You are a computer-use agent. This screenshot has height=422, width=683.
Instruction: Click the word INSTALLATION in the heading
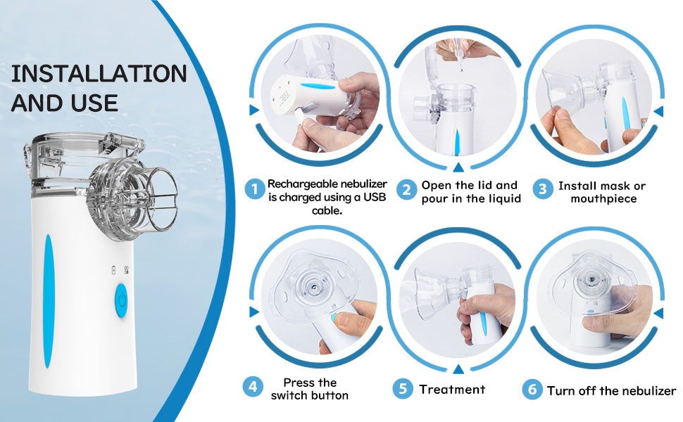[x=99, y=74]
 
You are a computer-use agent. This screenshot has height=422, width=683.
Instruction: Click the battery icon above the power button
[x=114, y=270]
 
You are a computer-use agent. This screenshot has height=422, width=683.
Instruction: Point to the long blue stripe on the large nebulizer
[x=48, y=301]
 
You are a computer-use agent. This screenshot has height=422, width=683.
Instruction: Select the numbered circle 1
[x=255, y=189]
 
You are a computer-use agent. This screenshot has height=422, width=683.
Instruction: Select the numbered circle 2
[x=406, y=190]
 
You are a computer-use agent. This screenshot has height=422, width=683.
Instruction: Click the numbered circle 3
[x=543, y=188]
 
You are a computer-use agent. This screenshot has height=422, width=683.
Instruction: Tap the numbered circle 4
[x=253, y=386]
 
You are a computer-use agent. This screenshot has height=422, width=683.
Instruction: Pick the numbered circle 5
[x=403, y=388]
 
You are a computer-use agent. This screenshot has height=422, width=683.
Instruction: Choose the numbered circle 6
[x=532, y=389]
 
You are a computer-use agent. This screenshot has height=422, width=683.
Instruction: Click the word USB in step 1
[x=375, y=198]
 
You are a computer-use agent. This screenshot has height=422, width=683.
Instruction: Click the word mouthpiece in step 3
[x=603, y=199]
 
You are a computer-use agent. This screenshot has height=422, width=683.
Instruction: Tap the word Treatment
[x=452, y=390]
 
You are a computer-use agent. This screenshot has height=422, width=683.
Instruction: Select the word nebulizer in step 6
[x=648, y=390]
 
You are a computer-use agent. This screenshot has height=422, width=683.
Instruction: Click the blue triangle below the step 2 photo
[x=458, y=167]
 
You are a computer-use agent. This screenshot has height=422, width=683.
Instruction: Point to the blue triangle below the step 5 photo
[x=458, y=369]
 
